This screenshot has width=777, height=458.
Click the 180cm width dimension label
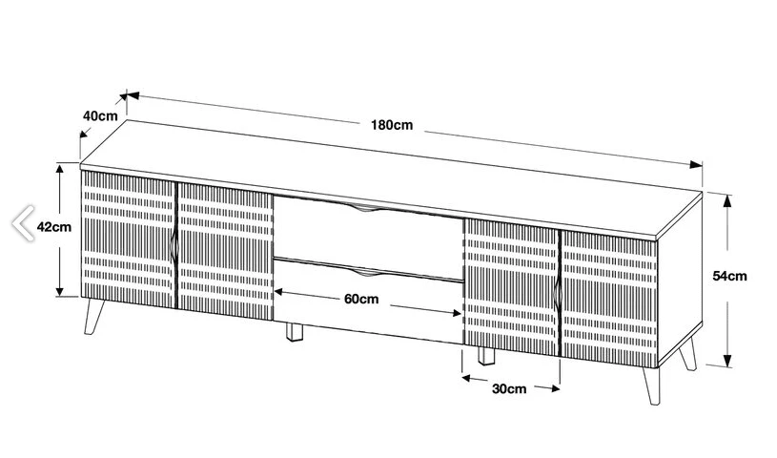click(392, 125)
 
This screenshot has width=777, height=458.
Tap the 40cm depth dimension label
click(100, 115)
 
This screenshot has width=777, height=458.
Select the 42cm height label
click(54, 227)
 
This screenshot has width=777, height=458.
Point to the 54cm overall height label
click(729, 276)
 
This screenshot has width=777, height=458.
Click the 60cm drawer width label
click(361, 299)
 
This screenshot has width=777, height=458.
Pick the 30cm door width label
click(509, 388)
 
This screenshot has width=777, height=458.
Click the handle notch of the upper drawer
click(368, 208)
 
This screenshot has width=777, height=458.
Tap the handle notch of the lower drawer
click(368, 272)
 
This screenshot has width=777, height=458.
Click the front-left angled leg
click(93, 316)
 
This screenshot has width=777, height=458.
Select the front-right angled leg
click(651, 385)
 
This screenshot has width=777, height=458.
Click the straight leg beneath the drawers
click(295, 332)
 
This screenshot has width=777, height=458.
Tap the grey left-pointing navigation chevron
click(23, 222)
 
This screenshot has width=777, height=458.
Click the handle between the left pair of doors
click(174, 246)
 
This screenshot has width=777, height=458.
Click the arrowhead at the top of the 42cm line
click(60, 169)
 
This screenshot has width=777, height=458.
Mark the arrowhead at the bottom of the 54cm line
click(727, 361)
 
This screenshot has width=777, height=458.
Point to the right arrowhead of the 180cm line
click(696, 165)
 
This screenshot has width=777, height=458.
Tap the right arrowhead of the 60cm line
click(457, 313)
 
